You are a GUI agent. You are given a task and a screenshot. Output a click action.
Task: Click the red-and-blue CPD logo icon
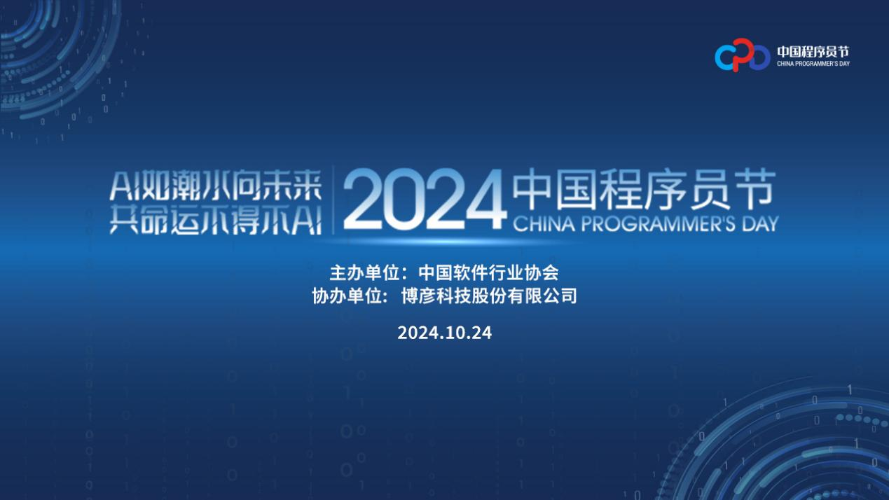click(x=742, y=55)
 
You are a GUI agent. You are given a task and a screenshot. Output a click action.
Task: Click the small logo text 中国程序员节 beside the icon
click(x=813, y=52)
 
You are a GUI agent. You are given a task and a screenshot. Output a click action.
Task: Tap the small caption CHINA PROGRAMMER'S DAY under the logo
click(x=813, y=64)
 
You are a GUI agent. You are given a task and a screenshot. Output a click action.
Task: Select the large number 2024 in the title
click(x=425, y=199)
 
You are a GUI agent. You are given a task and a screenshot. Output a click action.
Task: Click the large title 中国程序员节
click(x=644, y=190)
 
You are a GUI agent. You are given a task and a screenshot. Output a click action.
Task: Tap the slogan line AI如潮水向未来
click(x=216, y=186)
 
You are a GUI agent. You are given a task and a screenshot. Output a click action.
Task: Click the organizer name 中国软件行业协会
click(x=488, y=272)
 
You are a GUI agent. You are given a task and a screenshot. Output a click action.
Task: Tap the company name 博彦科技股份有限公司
click(x=489, y=296)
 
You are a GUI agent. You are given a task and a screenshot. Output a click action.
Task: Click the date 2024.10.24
click(x=444, y=333)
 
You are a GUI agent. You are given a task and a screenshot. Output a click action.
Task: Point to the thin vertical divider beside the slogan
click(x=333, y=200)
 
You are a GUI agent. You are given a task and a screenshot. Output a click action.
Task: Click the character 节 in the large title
click(x=755, y=190)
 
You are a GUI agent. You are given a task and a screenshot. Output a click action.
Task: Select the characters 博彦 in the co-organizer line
click(x=418, y=296)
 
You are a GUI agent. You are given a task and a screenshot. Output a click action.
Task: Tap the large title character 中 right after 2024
click(x=532, y=190)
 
